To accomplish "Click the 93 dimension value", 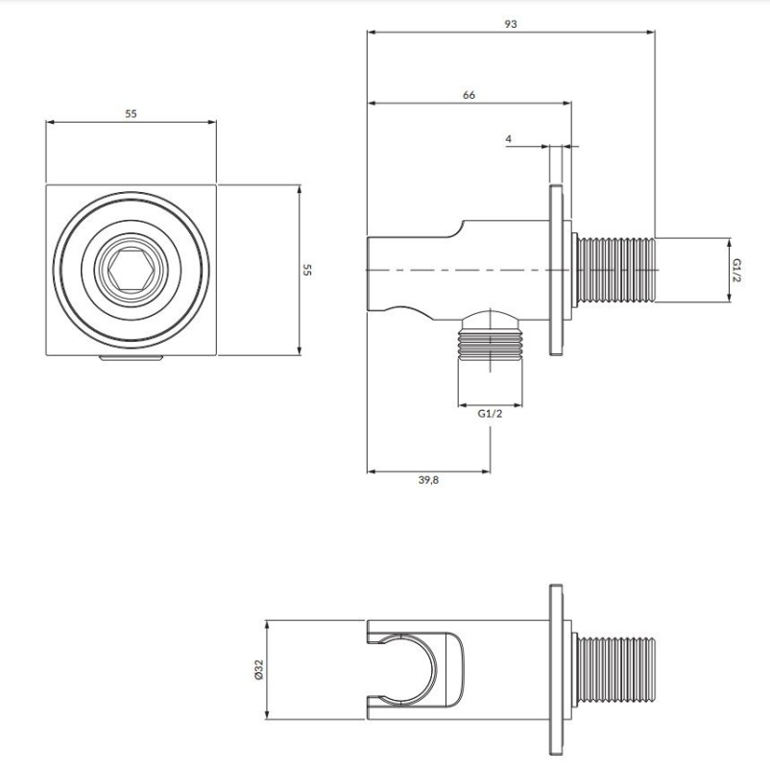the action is (x=511, y=24).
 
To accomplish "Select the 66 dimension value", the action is (x=469, y=95).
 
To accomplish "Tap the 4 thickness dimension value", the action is (x=508, y=139).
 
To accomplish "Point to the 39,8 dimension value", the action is (x=428, y=480).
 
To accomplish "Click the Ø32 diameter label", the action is (x=259, y=669).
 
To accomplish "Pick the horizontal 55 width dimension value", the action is (x=131, y=113).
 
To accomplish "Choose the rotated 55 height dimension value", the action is (x=307, y=270).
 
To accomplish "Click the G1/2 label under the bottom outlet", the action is (x=490, y=414).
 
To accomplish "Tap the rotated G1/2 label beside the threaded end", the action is (x=736, y=270).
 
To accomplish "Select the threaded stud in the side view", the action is (x=615, y=270).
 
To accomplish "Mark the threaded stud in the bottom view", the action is (x=615, y=669).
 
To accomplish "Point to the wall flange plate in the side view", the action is (x=557, y=270).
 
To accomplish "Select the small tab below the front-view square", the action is (x=131, y=358).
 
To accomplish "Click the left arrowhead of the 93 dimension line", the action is (x=372, y=33).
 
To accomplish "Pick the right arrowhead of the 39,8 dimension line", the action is (x=486, y=471).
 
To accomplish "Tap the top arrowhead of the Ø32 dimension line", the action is (x=267, y=625).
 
